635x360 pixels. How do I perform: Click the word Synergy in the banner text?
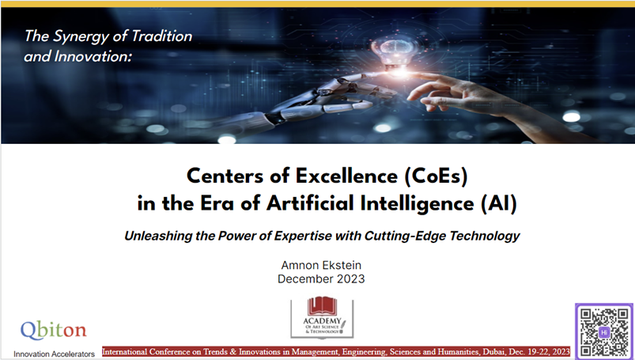[x=81, y=37]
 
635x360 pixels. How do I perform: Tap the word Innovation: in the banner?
[x=93, y=56]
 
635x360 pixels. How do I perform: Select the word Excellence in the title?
[x=346, y=176]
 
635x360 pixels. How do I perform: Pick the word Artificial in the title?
[x=310, y=203]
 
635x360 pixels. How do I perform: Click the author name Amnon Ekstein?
[x=321, y=265]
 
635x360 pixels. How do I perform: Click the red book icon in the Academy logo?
[x=322, y=306]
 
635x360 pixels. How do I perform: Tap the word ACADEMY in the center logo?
[x=322, y=320]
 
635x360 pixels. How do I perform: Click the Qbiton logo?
[x=54, y=331]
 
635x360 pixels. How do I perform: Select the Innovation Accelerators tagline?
[x=54, y=354]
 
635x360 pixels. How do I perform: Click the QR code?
[x=604, y=332]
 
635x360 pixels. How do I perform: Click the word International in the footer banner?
[x=125, y=351]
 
